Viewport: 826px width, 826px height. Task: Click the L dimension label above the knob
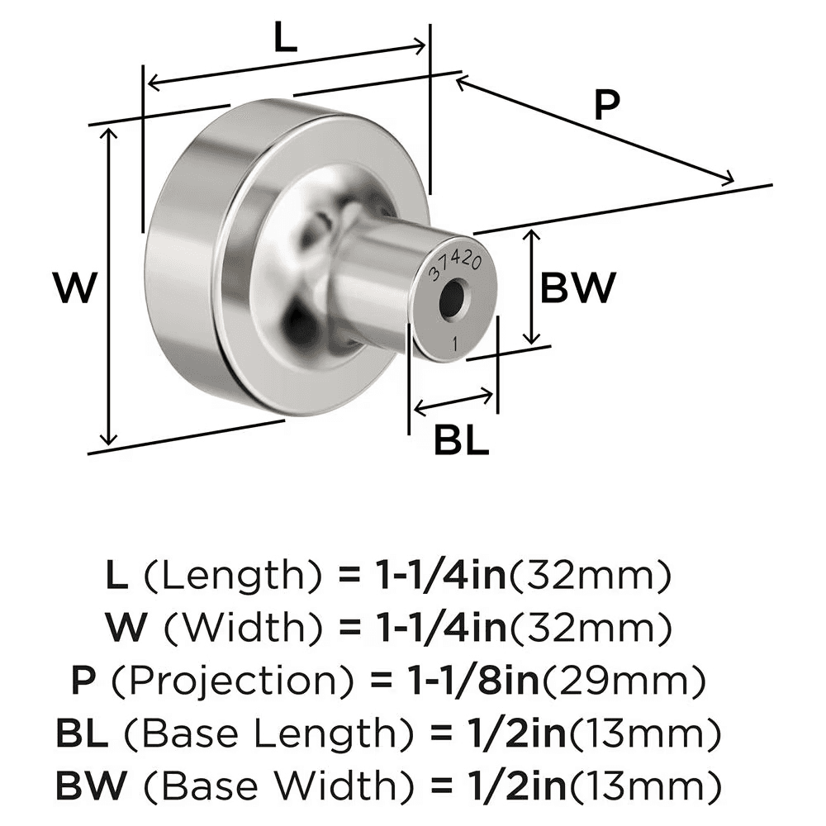coord(285,40)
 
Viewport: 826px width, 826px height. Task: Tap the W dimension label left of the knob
coord(74,290)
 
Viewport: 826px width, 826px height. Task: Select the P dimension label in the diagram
coord(606,106)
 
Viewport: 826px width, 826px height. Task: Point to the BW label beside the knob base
coord(577,288)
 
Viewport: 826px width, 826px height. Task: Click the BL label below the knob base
coord(462,442)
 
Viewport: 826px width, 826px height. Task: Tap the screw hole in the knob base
coord(451,300)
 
